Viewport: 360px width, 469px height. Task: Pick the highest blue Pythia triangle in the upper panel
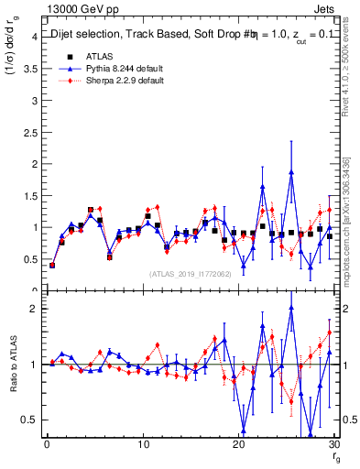(291, 171)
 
